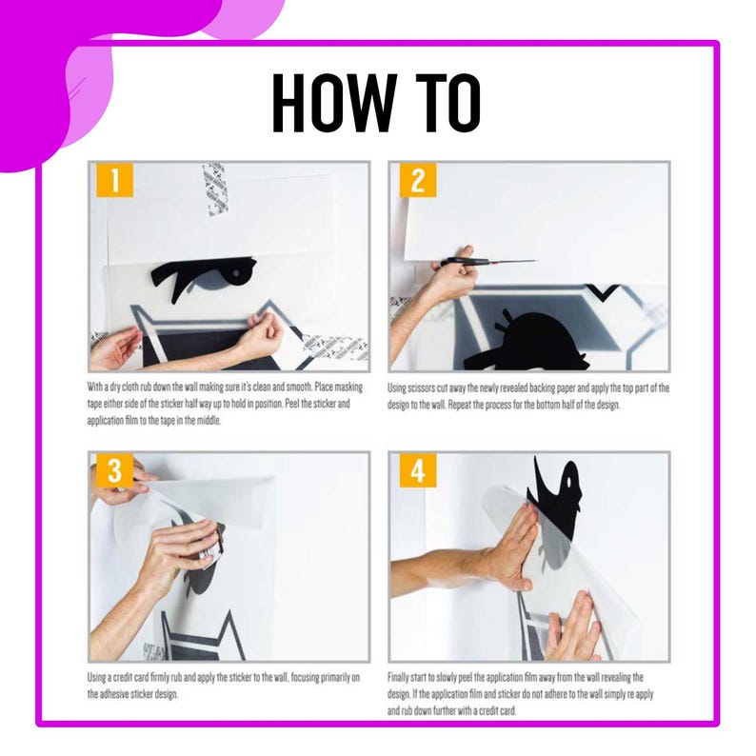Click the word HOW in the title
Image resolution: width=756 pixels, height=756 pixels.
point(334,103)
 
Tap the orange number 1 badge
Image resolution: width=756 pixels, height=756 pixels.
point(114,180)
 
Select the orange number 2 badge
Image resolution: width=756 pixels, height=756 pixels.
point(418,180)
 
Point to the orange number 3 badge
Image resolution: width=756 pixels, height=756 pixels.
point(114,470)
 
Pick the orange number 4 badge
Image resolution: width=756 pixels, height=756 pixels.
point(418,470)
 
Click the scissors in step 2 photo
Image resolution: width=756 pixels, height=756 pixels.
point(487,262)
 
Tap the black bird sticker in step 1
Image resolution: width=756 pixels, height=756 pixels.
point(203,277)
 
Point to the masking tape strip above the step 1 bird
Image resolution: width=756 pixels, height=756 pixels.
point(215,189)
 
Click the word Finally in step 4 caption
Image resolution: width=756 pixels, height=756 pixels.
point(398,677)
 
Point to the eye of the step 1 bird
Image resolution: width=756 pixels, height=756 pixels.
point(236,273)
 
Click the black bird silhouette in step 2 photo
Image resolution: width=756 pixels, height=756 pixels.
point(526,343)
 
